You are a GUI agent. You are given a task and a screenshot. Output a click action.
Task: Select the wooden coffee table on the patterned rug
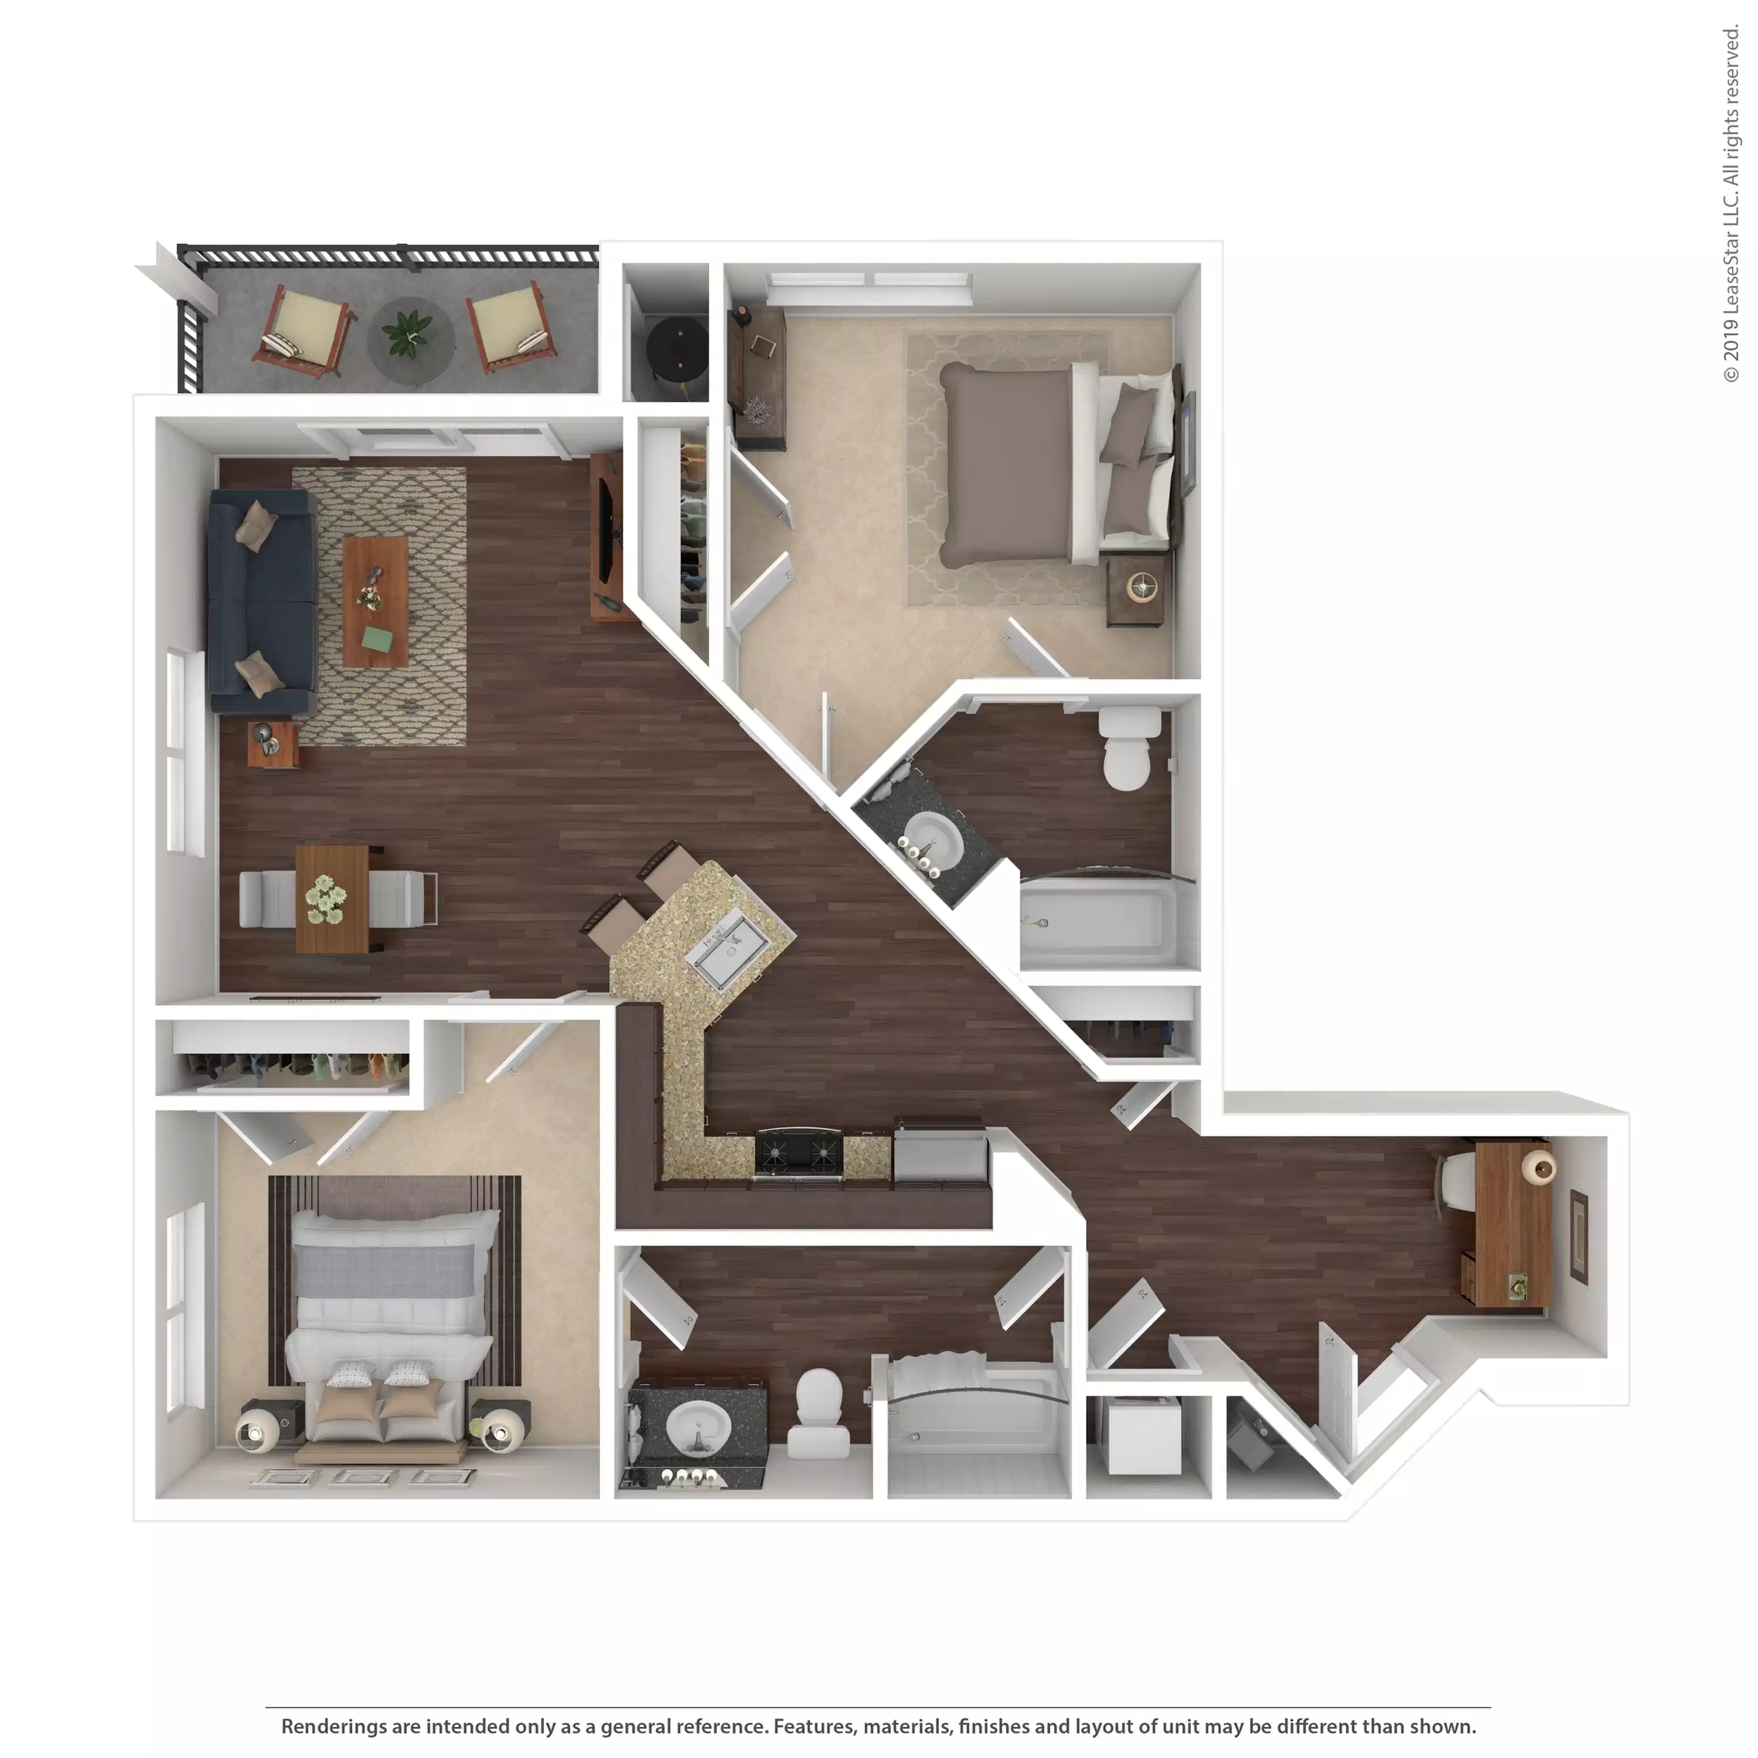(375, 601)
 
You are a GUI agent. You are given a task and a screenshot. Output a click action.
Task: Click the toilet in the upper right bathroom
(1128, 751)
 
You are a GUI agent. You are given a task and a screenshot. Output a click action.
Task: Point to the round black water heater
(677, 349)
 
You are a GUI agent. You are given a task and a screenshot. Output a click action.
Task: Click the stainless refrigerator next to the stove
(939, 1153)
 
